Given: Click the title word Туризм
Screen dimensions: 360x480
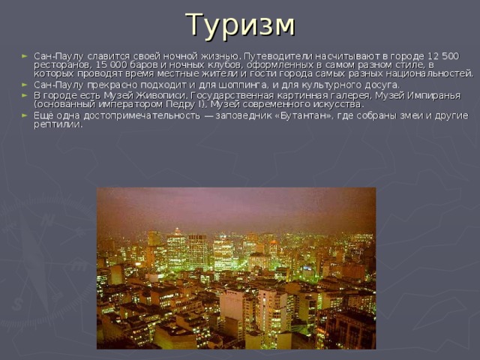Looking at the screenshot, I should (240, 25).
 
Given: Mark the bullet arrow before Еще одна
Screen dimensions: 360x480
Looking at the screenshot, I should (27, 115).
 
